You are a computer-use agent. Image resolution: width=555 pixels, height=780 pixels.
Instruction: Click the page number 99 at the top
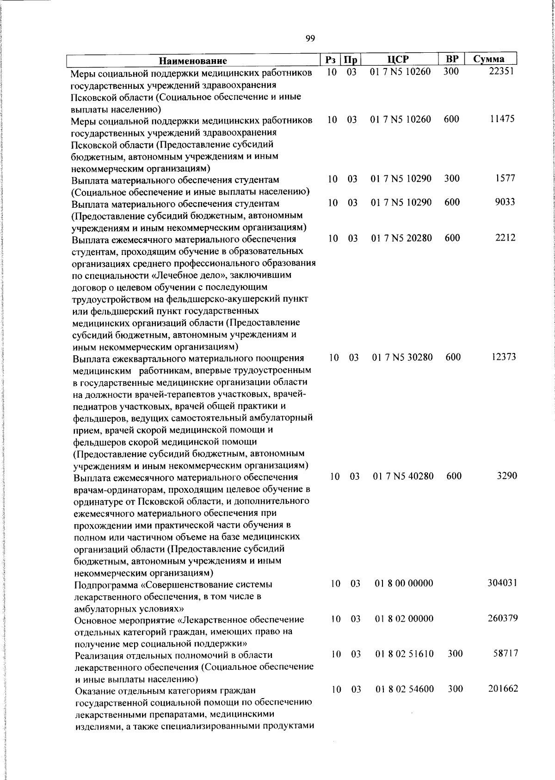[310, 38]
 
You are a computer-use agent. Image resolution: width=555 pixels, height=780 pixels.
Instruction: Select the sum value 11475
[502, 119]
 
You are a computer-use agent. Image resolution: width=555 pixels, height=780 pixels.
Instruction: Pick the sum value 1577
[505, 179]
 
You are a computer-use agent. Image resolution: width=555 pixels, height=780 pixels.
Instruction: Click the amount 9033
[505, 202]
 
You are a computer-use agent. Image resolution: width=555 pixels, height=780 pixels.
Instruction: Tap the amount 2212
[506, 238]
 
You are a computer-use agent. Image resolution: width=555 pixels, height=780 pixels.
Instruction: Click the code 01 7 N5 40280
[403, 476]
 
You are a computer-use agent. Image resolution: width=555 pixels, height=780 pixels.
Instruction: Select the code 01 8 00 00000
[404, 583]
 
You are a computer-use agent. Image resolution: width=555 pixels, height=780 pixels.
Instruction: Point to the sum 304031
[502, 583]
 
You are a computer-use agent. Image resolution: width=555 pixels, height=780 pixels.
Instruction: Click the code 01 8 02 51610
[404, 654]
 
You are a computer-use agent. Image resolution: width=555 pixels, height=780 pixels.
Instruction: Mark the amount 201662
[503, 689]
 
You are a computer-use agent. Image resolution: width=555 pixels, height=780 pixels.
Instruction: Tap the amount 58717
[505, 654]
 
